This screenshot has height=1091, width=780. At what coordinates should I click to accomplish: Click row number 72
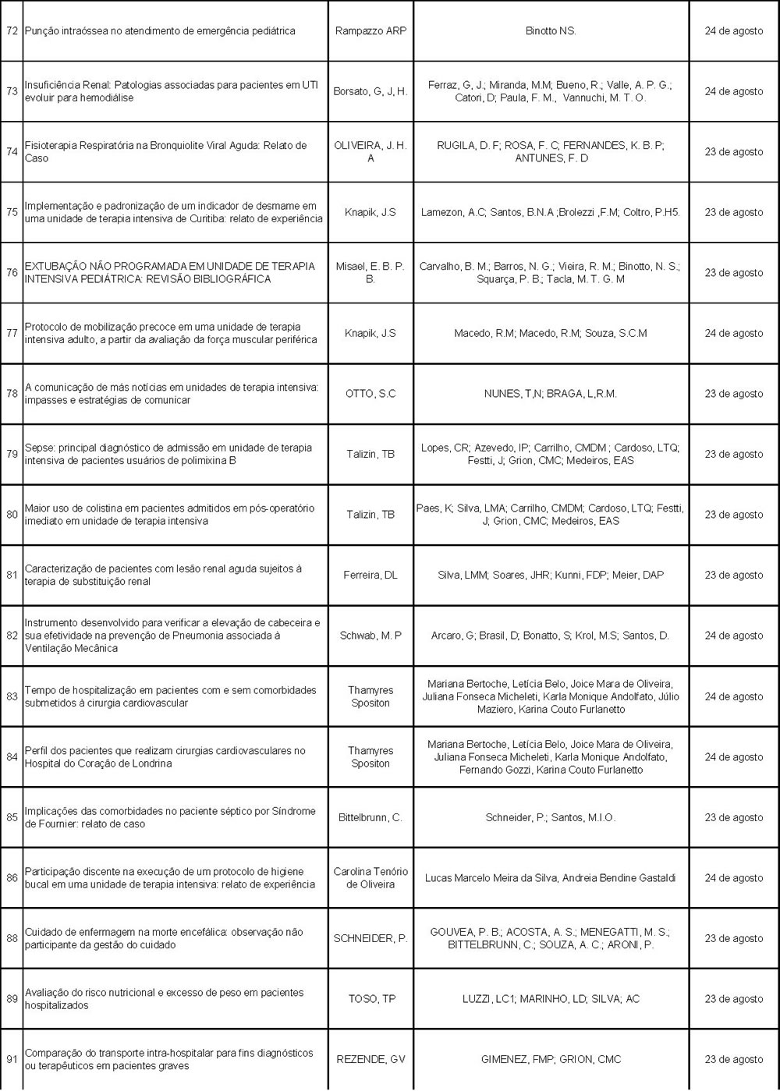pos(12,31)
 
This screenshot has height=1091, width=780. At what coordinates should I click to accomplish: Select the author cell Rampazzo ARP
pos(370,31)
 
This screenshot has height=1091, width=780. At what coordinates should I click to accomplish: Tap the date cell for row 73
pos(734,91)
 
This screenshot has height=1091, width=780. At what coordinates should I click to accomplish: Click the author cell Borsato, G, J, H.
pos(370,91)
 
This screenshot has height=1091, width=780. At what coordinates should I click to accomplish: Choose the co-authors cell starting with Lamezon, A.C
pos(551,212)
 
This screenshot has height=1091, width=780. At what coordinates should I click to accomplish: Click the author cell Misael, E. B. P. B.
pos(370,272)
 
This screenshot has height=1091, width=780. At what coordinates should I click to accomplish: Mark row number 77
pos(12,333)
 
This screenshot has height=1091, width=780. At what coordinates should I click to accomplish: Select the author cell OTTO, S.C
pos(370,394)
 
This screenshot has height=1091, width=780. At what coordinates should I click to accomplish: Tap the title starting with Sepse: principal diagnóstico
pos(168,454)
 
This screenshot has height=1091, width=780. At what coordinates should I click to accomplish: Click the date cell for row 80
pos(734,515)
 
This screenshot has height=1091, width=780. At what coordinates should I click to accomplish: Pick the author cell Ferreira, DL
pos(370,575)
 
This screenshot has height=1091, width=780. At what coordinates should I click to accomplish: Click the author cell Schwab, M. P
pos(370,636)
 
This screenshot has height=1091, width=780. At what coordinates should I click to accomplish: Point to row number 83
pos(12,696)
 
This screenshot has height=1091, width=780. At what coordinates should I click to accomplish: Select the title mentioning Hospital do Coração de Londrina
pos(165,756)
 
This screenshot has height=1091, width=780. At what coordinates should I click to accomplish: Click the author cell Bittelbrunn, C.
pos(370,817)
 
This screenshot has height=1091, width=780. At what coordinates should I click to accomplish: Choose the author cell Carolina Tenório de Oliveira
pos(370,877)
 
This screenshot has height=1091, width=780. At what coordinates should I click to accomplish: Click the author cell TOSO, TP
pos(370,999)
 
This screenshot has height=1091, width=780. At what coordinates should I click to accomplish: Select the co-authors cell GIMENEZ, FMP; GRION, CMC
pos(551,1059)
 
